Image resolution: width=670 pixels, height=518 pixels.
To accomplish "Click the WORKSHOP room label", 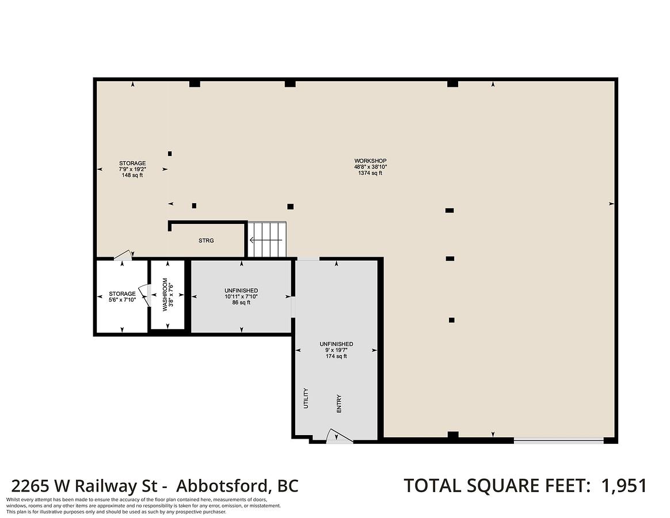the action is (370, 161).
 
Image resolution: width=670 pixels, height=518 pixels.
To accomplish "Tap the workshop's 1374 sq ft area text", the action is (370, 173).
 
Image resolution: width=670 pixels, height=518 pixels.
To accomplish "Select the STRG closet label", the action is (206, 241).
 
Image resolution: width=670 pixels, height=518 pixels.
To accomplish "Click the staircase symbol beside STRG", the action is (267, 239).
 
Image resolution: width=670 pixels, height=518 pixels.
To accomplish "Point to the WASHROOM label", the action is (165, 295).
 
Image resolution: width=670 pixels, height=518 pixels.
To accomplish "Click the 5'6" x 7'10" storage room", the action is (122, 296).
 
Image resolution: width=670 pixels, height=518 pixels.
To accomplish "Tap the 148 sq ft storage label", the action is (132, 175).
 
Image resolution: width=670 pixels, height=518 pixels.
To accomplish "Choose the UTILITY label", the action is (306, 398).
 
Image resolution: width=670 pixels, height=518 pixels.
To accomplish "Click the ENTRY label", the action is (339, 403).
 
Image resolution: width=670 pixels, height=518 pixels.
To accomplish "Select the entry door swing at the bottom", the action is (339, 435).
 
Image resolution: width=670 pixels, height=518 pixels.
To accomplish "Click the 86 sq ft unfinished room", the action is (241, 296).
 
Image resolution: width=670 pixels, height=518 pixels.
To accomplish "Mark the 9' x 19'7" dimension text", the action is (336, 350).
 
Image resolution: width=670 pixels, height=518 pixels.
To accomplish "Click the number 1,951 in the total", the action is (625, 486).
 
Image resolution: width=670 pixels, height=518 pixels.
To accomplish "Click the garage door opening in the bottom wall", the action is (558, 440).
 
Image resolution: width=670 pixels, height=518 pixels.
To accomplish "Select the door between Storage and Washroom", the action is (145, 295).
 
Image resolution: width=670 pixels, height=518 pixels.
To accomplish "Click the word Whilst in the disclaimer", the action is (13, 500).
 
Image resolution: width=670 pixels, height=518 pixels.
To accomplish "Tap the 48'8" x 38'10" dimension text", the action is (370, 167).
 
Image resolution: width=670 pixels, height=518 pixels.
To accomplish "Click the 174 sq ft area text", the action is (336, 356).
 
